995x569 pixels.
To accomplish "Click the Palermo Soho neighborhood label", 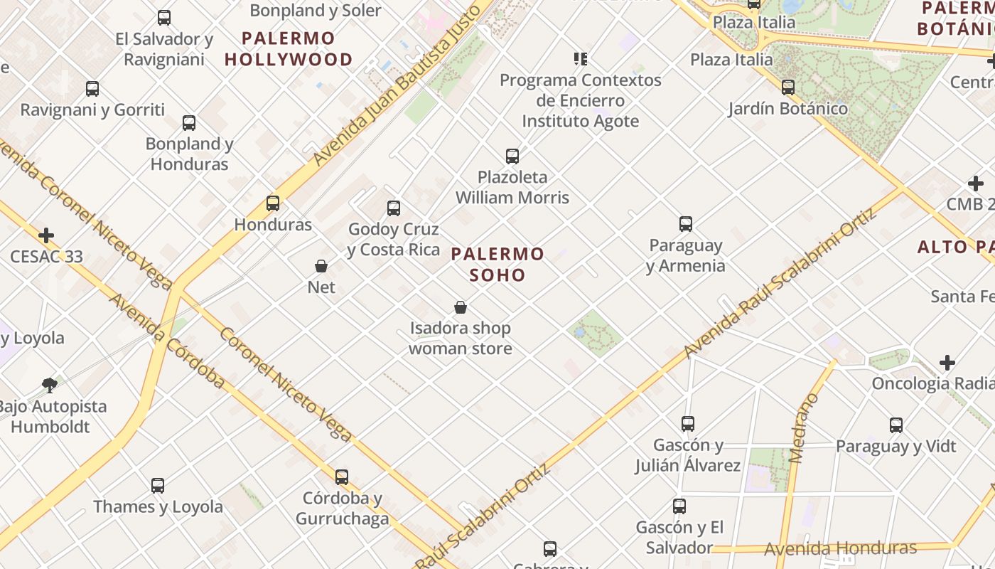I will pyautogui.click(x=497, y=264).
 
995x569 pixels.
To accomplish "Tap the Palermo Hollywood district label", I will pyautogui.click(x=289, y=49).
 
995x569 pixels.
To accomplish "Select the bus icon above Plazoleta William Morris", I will pyautogui.click(x=512, y=156).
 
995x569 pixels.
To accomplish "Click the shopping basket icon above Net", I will pyautogui.click(x=321, y=267).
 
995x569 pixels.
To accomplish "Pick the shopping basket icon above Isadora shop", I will pyautogui.click(x=461, y=308).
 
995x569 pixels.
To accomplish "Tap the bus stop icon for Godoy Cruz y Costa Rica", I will pyautogui.click(x=394, y=208).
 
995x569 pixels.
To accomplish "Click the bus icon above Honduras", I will pyautogui.click(x=273, y=203).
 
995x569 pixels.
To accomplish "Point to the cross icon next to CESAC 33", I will pyautogui.click(x=46, y=235).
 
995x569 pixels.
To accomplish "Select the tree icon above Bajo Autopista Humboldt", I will pyautogui.click(x=50, y=385).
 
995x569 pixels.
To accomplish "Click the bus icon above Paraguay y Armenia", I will pyautogui.click(x=686, y=225).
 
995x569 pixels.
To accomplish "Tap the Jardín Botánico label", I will pyautogui.click(x=788, y=109).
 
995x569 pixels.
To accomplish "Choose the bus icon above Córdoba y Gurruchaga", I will pyautogui.click(x=342, y=477).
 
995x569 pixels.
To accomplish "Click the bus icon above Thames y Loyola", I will pyautogui.click(x=158, y=486).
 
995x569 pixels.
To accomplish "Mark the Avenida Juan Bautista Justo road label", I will pyautogui.click(x=402, y=84).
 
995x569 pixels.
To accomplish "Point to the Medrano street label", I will pyautogui.click(x=805, y=427).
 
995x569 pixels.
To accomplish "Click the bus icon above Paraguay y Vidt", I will pyautogui.click(x=896, y=425).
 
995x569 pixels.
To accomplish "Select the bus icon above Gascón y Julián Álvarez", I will pyautogui.click(x=688, y=424).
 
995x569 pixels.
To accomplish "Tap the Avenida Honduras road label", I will pyautogui.click(x=840, y=548).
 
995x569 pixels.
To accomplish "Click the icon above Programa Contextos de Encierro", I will pyautogui.click(x=581, y=58).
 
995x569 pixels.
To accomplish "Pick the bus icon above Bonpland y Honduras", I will pyautogui.click(x=189, y=123).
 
